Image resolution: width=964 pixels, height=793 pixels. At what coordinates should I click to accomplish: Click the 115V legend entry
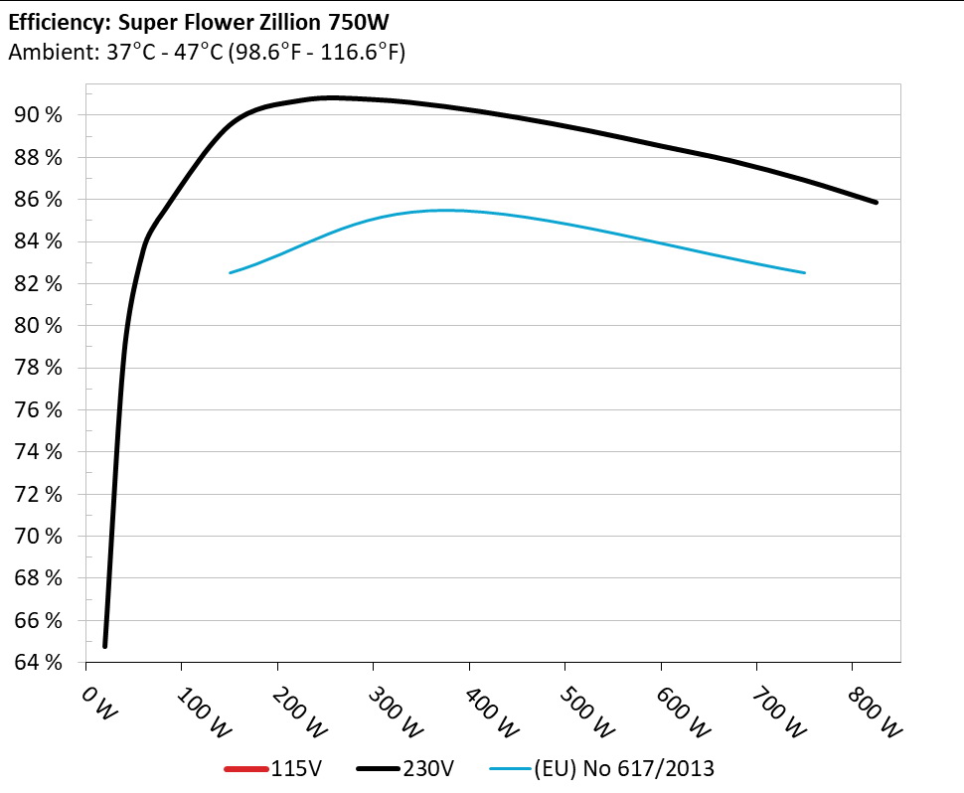tap(292, 767)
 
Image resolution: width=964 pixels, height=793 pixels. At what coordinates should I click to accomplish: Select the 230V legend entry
tap(429, 767)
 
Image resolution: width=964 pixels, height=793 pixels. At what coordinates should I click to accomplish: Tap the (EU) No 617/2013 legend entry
tap(624, 767)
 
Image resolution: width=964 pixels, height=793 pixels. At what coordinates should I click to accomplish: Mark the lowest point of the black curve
tap(104, 646)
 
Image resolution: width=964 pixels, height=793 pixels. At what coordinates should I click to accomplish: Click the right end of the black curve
tap(877, 202)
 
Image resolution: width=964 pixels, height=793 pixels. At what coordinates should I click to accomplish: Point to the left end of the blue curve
tap(231, 272)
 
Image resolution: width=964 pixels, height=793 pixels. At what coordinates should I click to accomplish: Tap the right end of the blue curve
tap(804, 272)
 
